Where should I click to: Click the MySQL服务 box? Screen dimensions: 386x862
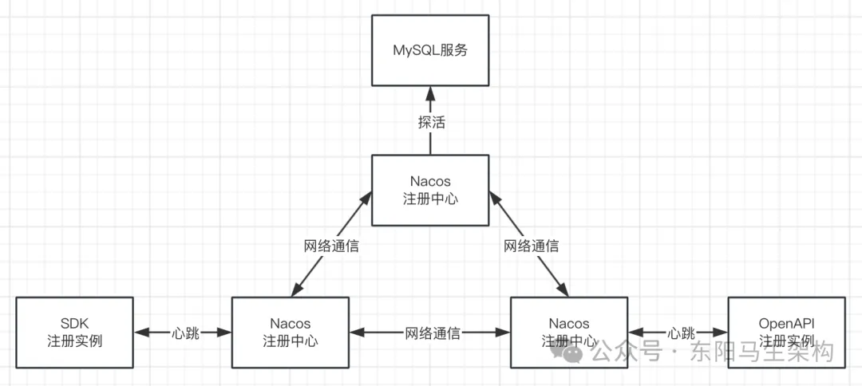coord(430,50)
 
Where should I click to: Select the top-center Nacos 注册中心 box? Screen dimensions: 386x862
coord(430,190)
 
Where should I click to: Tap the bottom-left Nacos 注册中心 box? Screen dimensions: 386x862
coord(290,333)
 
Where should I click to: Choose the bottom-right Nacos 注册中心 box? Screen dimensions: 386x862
coord(569,333)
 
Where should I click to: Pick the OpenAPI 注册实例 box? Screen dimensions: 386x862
coord(786,333)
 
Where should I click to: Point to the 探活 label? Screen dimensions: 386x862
coord(430,123)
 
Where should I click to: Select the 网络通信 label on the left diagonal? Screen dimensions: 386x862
coord(331,246)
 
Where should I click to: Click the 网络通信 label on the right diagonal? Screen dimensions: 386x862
coord(531,246)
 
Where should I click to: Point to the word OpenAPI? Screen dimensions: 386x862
coord(786,324)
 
